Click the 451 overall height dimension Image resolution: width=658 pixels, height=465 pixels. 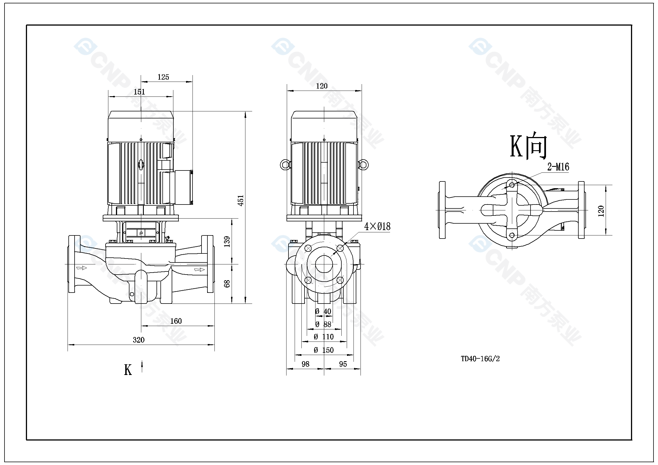[241, 200]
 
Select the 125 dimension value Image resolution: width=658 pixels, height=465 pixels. [163, 77]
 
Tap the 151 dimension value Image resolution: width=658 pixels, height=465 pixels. [139, 92]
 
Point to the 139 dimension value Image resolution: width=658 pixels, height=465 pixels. [227, 242]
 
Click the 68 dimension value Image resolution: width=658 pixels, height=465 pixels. [227, 284]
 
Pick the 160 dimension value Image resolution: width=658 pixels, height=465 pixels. [176, 321]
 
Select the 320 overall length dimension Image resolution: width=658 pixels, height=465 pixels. [139, 340]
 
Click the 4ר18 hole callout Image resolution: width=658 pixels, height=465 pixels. [377, 227]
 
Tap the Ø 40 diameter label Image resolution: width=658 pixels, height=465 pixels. [323, 311]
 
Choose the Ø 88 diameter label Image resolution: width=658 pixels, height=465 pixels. [323, 324]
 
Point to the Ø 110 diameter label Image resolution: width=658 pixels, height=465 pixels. [324, 337]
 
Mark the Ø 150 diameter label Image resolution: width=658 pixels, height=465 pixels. [324, 350]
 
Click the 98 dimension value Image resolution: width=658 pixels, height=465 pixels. [306, 364]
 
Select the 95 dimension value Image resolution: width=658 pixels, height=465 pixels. [343, 364]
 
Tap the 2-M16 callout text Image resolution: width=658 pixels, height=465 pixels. [558, 167]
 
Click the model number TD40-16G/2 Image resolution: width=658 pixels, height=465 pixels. [480, 359]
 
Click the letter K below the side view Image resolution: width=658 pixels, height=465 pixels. [128, 370]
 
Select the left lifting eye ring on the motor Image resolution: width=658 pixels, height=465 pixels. [285, 165]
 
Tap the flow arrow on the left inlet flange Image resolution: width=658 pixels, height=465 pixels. [82, 268]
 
